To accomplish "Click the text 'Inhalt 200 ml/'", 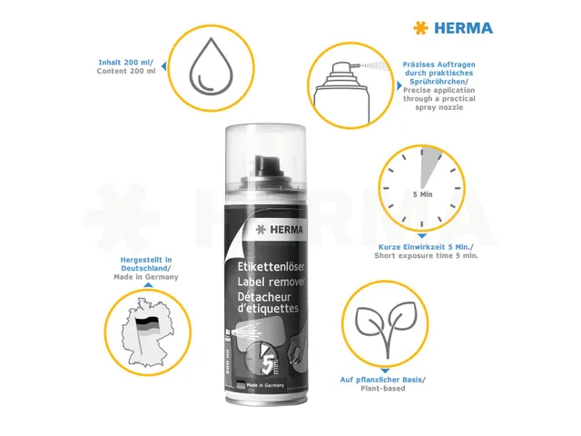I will click(126, 62).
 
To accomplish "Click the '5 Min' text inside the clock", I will click(421, 194).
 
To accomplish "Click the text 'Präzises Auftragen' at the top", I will click(438, 65).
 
